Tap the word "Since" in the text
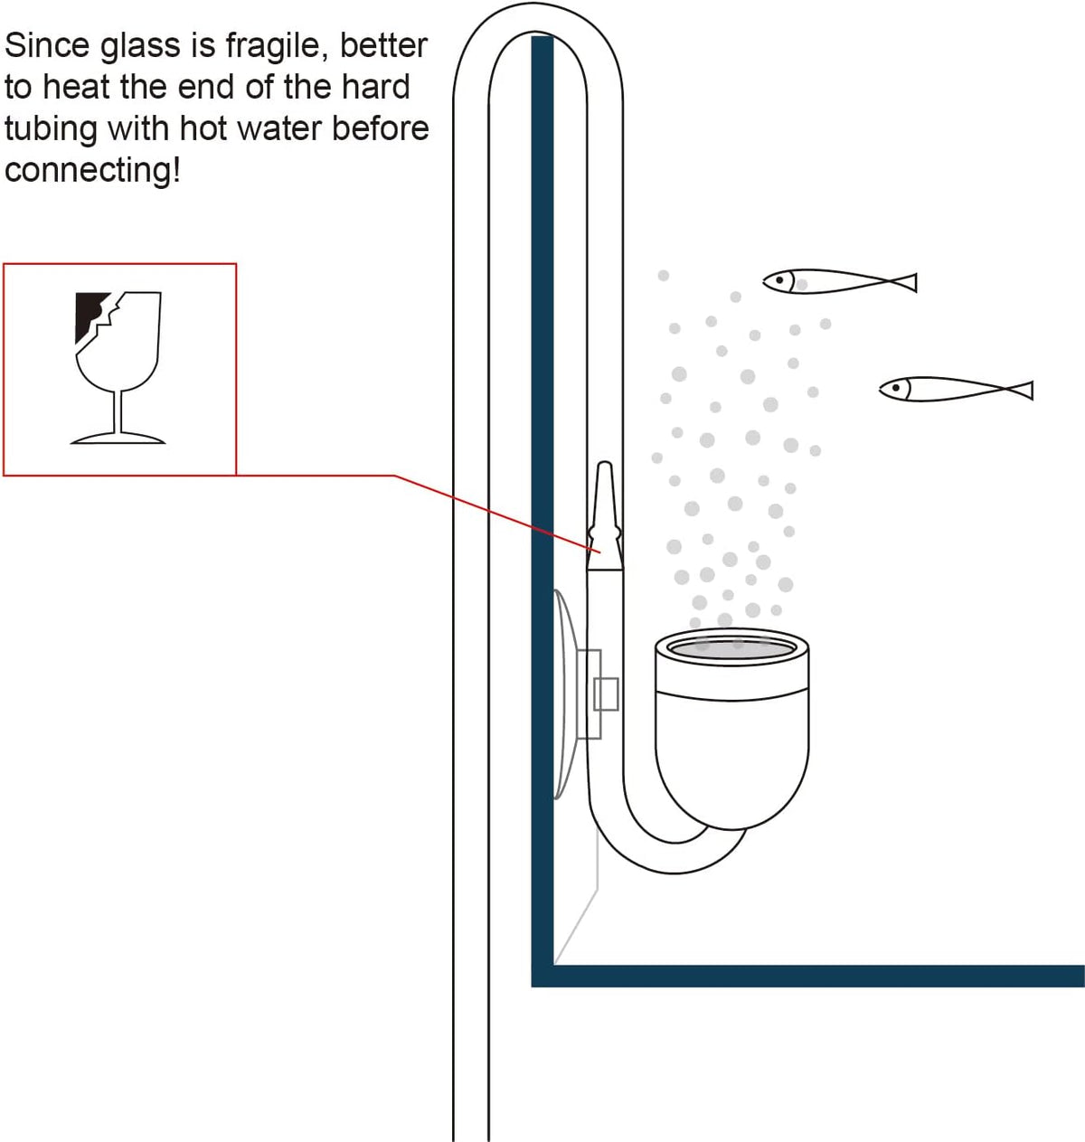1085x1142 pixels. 47,46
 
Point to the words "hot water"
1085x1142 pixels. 251,128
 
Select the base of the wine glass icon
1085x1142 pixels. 118,438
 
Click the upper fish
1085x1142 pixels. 839,282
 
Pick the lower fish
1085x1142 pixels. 956,389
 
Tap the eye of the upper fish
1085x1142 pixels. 780,280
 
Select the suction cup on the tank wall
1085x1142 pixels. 564,694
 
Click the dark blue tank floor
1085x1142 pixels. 808,977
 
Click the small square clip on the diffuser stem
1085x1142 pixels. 606,694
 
